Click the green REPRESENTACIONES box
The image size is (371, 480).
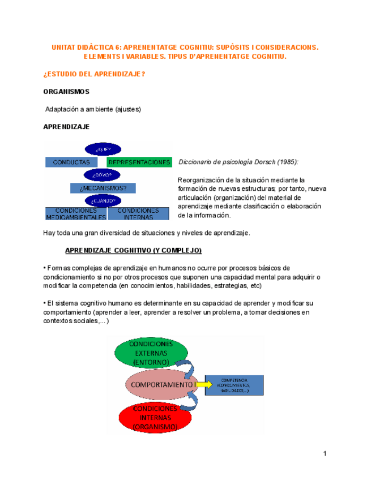[x=139, y=162]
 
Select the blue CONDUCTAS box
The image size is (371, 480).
[x=72, y=162]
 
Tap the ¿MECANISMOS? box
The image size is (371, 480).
[x=104, y=188]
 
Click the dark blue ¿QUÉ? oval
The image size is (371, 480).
[x=104, y=149]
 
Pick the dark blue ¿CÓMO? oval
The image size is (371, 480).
[x=104, y=175]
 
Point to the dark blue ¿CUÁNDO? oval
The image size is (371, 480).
[x=104, y=200]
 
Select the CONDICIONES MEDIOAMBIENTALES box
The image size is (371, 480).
[x=75, y=213]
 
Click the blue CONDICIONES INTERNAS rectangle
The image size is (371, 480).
[x=138, y=213]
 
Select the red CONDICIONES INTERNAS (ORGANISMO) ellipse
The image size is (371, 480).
[x=155, y=417]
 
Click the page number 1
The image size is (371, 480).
[x=325, y=453]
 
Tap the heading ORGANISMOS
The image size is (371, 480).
[x=66, y=91]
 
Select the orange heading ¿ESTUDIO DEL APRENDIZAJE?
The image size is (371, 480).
[x=94, y=74]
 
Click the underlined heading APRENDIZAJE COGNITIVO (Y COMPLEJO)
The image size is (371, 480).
[x=134, y=250]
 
